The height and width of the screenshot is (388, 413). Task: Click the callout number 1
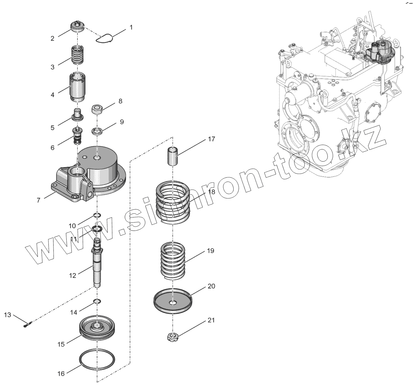coord(131,27)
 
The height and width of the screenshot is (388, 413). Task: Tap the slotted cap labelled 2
coord(77,26)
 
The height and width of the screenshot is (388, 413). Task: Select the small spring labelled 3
coord(77,55)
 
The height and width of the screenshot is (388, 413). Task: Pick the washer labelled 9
coord(98,131)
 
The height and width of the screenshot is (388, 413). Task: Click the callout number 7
coord(39,200)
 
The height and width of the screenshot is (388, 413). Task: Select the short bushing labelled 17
coord(173,156)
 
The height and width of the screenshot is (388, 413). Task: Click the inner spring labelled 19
coord(172,260)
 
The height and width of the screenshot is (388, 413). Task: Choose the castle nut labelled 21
coord(172,337)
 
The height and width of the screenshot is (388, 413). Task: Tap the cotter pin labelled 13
coord(27,325)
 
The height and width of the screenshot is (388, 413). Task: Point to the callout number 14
coord(74,312)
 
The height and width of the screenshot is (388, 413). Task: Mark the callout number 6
coord(52,147)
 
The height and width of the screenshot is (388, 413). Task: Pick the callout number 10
coord(72,226)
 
